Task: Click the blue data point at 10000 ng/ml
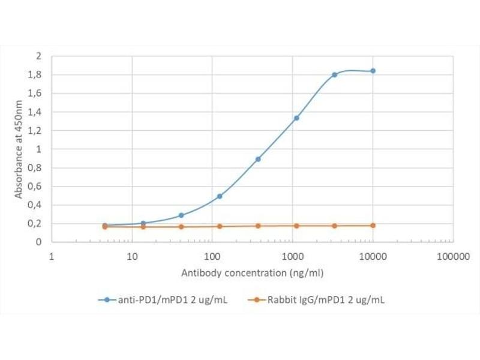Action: [373, 71]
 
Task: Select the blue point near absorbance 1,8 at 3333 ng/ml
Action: [334, 74]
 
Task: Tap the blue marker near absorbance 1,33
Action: [296, 118]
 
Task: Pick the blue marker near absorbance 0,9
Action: [258, 159]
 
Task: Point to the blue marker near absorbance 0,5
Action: [220, 196]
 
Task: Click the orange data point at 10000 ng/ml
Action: [373, 226]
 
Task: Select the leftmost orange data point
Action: [105, 227]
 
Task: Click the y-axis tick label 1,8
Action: [36, 75]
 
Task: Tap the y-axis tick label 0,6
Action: [36, 187]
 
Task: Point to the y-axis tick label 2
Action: [39, 56]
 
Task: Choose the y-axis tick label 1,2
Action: [36, 131]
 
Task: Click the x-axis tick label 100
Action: [212, 257]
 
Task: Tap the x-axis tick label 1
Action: [52, 257]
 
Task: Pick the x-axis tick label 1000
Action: [292, 257]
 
